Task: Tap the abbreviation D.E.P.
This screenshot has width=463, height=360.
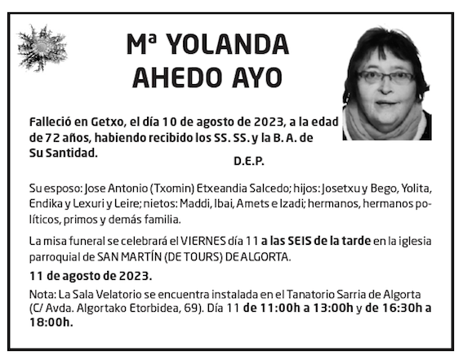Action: point(248,160)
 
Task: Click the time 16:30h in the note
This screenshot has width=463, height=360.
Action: point(394,309)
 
